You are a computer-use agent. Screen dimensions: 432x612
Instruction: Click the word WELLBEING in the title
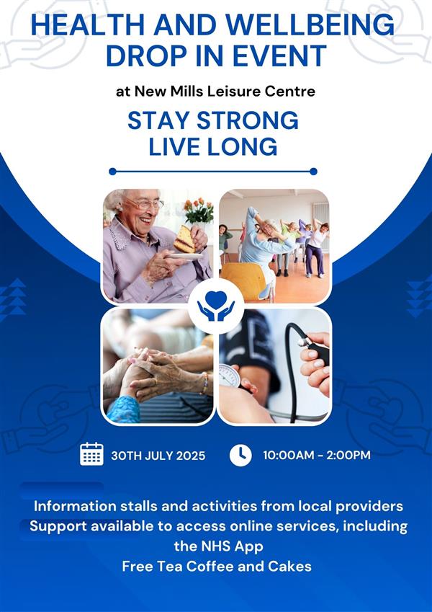[310, 25]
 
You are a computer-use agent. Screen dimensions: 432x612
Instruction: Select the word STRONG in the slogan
[247, 120]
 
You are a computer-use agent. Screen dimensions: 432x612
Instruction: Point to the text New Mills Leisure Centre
[225, 92]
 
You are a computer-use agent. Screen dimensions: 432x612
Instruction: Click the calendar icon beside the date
[91, 454]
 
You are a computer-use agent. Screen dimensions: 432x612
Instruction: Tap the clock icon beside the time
[240, 455]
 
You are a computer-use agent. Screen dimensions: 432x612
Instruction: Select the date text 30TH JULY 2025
[158, 456]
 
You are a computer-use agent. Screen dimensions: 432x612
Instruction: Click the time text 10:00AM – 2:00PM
[317, 455]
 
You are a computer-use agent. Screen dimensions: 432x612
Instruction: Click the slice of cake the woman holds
[184, 239]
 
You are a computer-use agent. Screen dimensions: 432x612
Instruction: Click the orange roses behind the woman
[199, 210]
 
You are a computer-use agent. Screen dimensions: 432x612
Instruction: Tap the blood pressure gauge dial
[230, 376]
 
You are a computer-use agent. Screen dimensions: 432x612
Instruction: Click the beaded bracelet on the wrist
[204, 383]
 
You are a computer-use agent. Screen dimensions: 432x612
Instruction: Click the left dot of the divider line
[112, 172]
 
